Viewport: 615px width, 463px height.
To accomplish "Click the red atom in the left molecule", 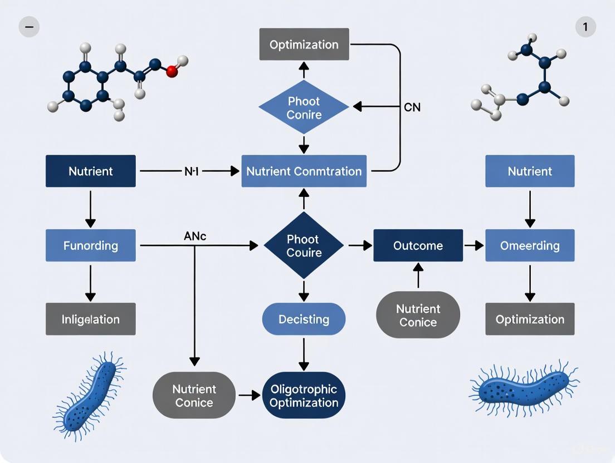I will (x=172, y=71).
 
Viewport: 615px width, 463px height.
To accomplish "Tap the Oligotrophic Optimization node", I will (x=304, y=396).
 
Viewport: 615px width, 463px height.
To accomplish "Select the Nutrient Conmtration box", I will (x=304, y=171).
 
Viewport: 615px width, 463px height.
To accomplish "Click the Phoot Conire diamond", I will (x=304, y=108).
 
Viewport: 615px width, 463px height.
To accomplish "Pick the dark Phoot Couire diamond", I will (x=304, y=245).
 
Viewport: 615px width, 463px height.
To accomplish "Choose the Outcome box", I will (x=418, y=245).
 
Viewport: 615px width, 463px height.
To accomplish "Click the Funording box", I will (x=90, y=245).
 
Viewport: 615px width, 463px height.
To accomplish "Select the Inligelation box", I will (x=90, y=319).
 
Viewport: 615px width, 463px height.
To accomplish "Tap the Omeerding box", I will (x=530, y=245).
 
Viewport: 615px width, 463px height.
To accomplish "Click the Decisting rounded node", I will (x=304, y=319).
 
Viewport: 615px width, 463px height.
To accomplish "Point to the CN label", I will (x=412, y=107).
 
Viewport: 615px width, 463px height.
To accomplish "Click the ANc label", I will (x=195, y=237).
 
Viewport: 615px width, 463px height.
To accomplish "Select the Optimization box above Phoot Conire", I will (x=304, y=45).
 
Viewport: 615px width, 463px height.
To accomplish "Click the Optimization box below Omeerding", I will (x=530, y=319).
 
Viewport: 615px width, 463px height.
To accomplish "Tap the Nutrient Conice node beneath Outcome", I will (x=418, y=315).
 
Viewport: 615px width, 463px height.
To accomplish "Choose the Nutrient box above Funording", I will (x=90, y=171).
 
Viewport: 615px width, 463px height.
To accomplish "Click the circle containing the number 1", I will (x=585, y=27).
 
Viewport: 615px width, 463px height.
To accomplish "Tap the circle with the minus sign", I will (x=29, y=27).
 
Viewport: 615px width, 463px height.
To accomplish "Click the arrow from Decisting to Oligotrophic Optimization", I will (x=304, y=353).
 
